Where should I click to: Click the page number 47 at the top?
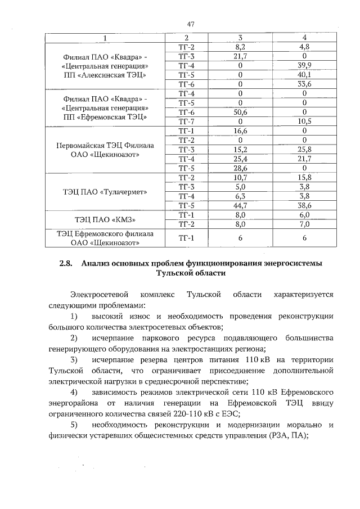[191, 24]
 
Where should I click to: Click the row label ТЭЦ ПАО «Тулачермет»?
[105, 191]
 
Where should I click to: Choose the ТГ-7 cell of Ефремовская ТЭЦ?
[186, 120]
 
